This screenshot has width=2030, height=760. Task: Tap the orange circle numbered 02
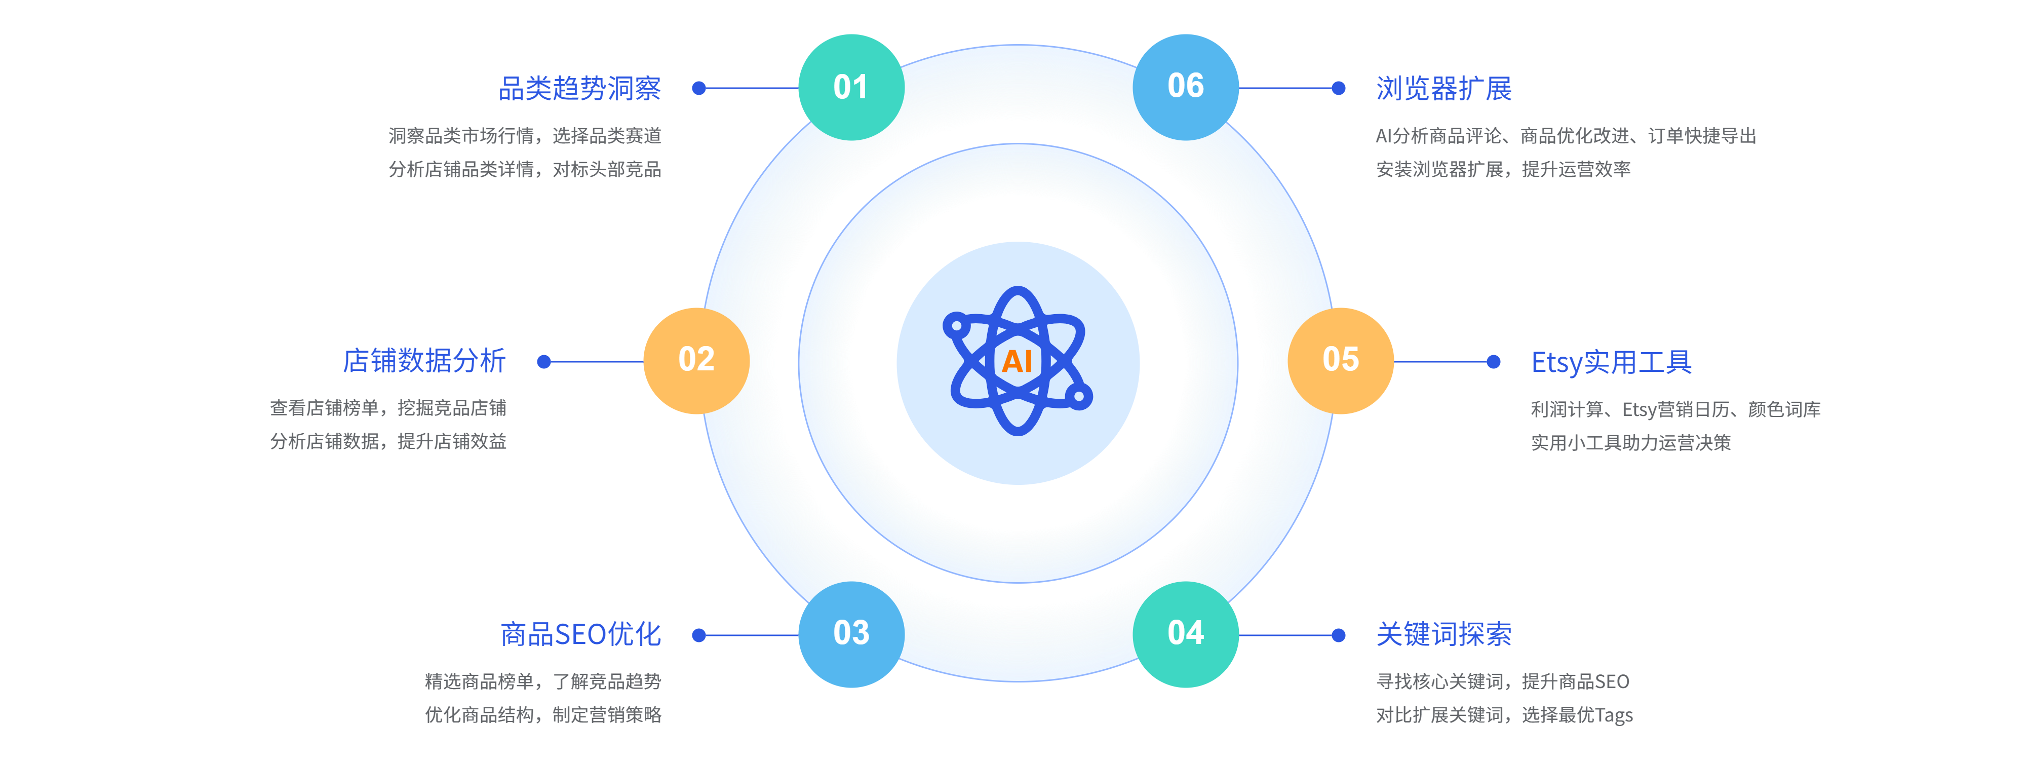point(696,360)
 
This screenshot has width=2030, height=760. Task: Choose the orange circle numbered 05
point(1341,360)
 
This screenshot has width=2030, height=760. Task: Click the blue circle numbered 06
point(1185,87)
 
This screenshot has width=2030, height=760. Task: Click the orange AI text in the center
point(1018,362)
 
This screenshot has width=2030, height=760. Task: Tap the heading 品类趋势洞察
point(580,88)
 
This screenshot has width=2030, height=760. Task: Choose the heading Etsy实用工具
point(1611,363)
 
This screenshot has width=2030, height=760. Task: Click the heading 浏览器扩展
point(1443,88)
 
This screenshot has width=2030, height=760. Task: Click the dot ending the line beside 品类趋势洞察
point(698,88)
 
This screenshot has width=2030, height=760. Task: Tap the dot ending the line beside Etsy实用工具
point(1493,362)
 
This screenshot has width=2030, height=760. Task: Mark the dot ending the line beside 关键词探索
point(1338,635)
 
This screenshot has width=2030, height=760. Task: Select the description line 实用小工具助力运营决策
point(1630,443)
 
